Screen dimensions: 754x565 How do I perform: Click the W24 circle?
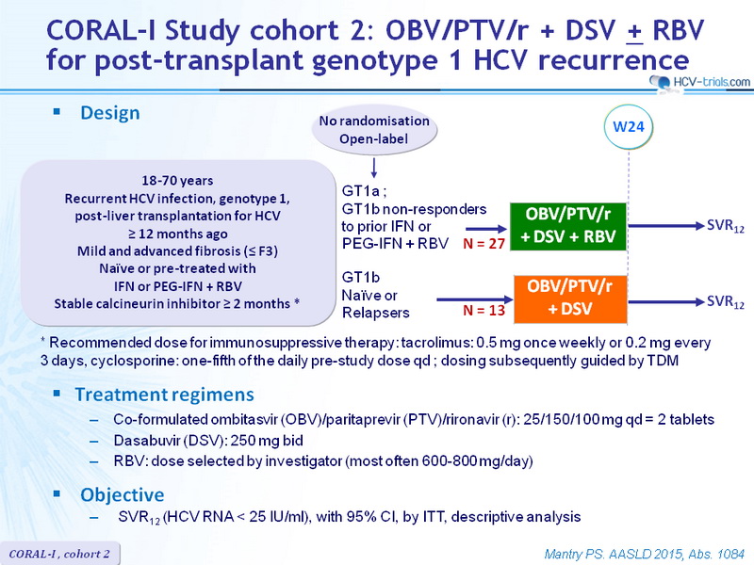tap(628, 127)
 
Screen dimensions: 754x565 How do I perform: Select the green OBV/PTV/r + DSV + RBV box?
tap(568, 226)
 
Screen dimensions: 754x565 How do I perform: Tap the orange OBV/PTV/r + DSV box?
tap(570, 299)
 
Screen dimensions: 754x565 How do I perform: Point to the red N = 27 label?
tap(484, 244)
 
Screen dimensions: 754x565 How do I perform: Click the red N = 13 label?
tap(484, 311)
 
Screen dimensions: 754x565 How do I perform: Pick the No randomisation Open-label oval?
tap(374, 130)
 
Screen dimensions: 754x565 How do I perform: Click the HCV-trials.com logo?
tap(700, 83)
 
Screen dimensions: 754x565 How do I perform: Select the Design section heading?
tap(110, 113)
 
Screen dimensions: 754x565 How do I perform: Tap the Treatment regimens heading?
tap(164, 395)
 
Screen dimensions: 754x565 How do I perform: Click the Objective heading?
tap(123, 495)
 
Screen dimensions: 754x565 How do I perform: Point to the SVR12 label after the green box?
tap(725, 226)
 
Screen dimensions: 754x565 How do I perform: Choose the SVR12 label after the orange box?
tap(725, 302)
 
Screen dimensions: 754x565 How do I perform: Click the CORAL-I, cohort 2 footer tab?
tap(59, 554)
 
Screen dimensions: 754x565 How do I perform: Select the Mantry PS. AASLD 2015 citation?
tap(645, 554)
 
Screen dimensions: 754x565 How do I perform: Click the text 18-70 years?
tap(177, 181)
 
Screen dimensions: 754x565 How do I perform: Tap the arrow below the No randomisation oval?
tap(373, 168)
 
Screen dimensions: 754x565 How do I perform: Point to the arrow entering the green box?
tap(486, 229)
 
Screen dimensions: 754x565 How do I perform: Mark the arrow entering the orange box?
tap(475, 299)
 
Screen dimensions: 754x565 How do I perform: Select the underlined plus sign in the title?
tap(634, 32)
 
